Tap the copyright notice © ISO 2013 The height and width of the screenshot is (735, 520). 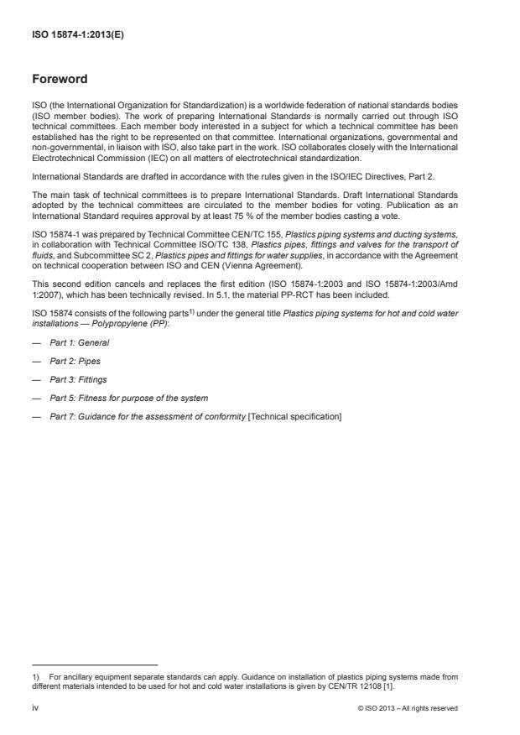(407, 708)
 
